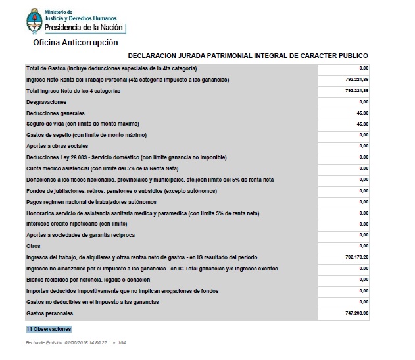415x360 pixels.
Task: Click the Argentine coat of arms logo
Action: click(x=34, y=21)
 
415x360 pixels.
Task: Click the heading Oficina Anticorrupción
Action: click(x=76, y=42)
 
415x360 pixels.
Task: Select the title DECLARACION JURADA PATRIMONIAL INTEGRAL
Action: click(x=248, y=56)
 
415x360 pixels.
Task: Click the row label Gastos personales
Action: click(x=49, y=313)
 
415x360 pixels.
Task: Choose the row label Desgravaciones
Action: click(x=46, y=103)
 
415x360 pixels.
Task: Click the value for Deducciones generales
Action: click(x=362, y=113)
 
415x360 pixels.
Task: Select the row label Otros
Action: click(x=33, y=246)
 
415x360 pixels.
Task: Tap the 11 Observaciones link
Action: click(x=49, y=328)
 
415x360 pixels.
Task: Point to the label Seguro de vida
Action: click(x=82, y=124)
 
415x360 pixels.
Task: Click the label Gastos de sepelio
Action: click(x=85, y=135)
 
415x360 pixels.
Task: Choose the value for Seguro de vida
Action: click(x=362, y=124)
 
